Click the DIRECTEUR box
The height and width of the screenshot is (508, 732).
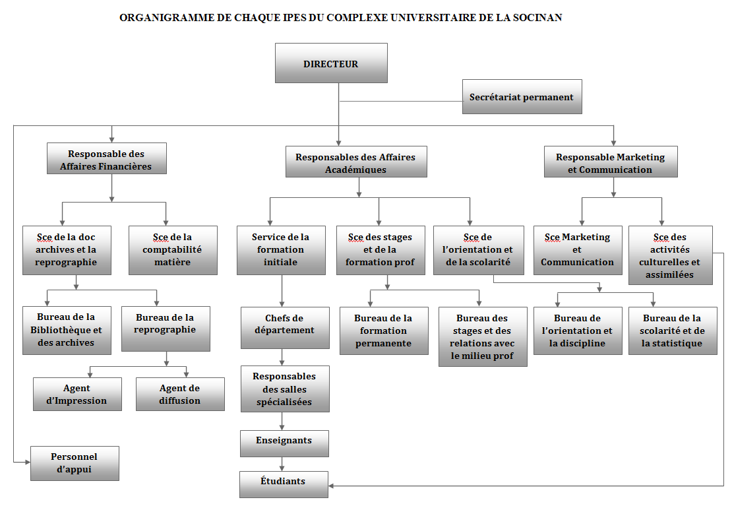pos(331,63)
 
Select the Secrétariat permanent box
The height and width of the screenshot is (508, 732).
pos(522,96)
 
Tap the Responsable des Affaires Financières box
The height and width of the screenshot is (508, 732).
pos(106,158)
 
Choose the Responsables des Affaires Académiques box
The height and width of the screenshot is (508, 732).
pos(356,162)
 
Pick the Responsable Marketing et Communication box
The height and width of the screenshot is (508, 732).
pos(611,162)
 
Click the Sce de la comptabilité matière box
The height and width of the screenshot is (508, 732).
pos(173,250)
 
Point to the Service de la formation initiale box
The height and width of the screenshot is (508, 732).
pos(281,250)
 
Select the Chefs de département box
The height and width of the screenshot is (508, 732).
pos(285,328)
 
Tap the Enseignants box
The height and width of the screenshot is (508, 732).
pos(284,443)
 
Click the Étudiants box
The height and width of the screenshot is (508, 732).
pos(284,485)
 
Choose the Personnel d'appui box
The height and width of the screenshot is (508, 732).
pos(75,463)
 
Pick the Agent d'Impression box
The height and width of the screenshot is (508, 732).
pos(77,394)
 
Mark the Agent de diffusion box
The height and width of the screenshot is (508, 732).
pos(180,394)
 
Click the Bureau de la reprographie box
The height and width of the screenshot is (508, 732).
pos(166,329)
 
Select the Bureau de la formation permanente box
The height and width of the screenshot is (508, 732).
pos(384,331)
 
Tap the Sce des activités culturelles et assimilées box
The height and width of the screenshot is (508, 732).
pos(671,255)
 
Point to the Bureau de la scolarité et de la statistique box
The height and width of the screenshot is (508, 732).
pos(673,331)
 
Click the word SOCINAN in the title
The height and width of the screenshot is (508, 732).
pos(537,18)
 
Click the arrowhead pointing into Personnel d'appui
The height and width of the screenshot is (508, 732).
pos(28,462)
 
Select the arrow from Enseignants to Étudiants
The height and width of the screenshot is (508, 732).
pos(282,464)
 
